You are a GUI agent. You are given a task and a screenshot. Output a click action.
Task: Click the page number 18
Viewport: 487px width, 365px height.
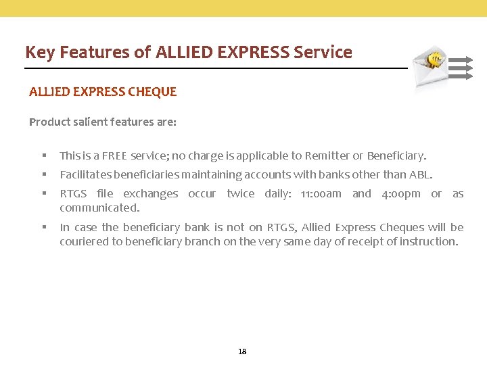tap(243, 351)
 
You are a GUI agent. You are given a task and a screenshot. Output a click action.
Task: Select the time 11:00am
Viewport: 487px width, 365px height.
tap(321, 194)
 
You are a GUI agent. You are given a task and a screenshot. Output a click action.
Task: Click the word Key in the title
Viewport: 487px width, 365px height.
tap(39, 53)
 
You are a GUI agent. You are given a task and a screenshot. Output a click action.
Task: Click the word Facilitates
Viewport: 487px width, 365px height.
tap(85, 174)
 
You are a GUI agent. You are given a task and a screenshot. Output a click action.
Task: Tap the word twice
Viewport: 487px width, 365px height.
tap(241, 194)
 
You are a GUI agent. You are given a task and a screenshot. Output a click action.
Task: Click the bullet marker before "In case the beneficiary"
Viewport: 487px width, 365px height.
tap(43, 227)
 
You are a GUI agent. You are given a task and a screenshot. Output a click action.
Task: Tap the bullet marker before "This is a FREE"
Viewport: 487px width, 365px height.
tap(43, 155)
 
